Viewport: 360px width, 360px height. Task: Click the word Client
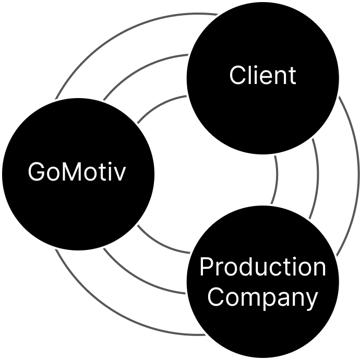pos(262,76)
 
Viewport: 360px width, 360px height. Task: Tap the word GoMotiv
pos(77,172)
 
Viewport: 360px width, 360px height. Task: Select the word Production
pos(262,267)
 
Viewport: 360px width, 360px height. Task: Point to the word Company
pos(262,297)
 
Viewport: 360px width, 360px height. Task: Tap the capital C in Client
pos(237,76)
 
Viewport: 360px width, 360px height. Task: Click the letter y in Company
pos(312,299)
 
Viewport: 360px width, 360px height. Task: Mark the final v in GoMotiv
pos(121,173)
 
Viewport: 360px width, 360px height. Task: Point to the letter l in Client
pos(248,75)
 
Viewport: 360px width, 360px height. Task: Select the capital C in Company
pos(215,297)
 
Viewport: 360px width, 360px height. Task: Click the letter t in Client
pos(292,76)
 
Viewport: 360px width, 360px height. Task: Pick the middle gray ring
pos(317,172)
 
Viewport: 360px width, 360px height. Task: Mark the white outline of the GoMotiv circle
pos(156,173)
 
